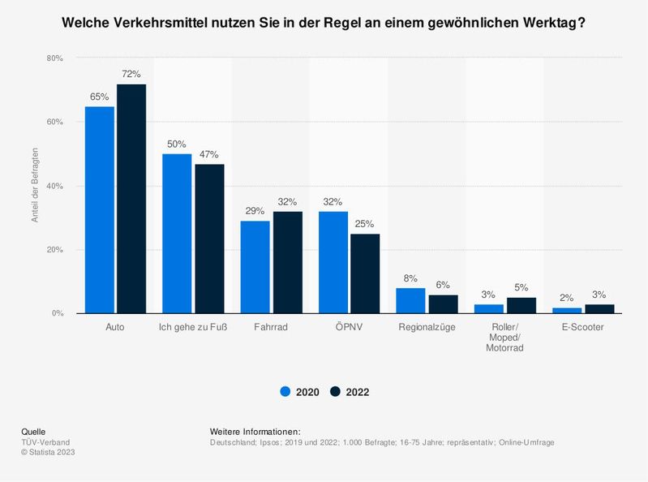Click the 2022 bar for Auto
(x=131, y=199)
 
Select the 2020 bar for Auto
(x=100, y=209)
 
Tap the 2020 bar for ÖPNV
(x=333, y=262)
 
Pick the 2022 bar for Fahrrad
(x=287, y=262)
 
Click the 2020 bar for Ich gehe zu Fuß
(x=177, y=234)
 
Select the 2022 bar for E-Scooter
(x=599, y=308)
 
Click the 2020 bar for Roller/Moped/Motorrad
(x=488, y=308)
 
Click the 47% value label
(x=209, y=155)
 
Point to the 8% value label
(x=410, y=278)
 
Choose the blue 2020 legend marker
(x=285, y=392)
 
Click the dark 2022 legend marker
(x=335, y=392)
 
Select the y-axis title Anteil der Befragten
(x=34, y=186)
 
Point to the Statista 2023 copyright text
(x=49, y=451)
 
